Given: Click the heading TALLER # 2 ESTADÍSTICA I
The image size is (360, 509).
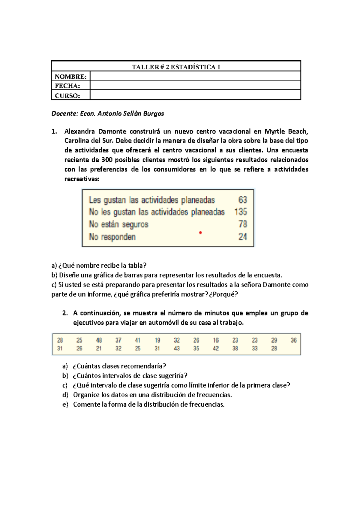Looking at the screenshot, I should [176, 67].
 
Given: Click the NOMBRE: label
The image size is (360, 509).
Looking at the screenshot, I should [70, 77].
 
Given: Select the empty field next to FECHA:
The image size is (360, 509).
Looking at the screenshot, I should [195, 86].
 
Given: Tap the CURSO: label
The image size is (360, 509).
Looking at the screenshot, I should [67, 96].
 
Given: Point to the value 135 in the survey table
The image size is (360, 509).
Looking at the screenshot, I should [241, 212].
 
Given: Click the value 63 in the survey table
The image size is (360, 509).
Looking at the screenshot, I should [243, 200].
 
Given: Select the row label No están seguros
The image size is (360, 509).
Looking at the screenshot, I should [119, 224].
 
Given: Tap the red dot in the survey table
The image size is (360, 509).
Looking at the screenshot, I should [200, 233].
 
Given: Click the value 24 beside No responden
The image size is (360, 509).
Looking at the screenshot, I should [243, 236].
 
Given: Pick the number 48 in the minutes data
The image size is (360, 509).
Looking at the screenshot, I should [99, 340].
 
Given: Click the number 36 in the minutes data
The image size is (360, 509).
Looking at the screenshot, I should [294, 340].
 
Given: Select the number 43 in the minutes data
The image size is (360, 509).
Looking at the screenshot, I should [177, 348].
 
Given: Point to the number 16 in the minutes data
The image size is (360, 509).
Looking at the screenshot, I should [216, 340].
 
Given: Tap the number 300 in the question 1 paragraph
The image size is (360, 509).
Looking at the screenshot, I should [107, 160].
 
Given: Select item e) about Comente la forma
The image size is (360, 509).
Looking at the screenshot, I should [148, 405].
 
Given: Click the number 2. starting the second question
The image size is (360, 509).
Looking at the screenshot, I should [65, 313].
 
